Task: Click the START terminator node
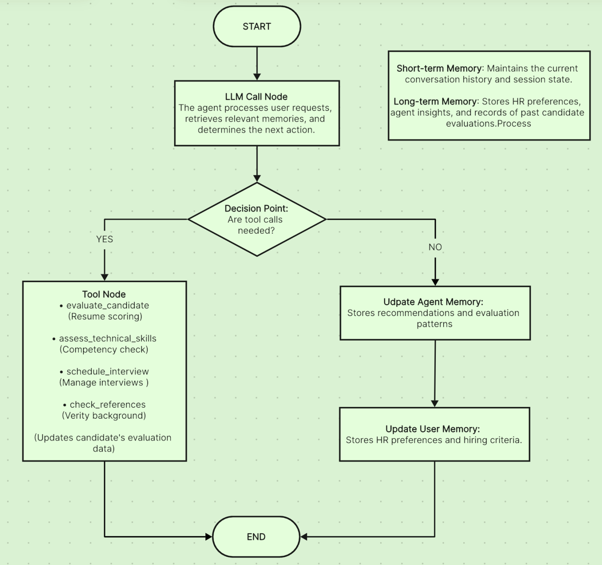point(257,27)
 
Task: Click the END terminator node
point(256,537)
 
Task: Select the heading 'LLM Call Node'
point(256,97)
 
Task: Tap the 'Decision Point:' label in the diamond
point(256,209)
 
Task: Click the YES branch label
point(105,239)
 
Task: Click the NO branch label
point(435,247)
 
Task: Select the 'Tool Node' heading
point(104,294)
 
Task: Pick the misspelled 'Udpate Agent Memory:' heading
point(433,302)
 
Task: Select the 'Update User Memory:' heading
point(433,429)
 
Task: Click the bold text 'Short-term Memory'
point(439,69)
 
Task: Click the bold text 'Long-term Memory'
point(435,102)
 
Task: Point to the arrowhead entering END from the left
point(209,537)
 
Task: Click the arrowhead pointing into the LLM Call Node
point(257,77)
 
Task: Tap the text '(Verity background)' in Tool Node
point(104,416)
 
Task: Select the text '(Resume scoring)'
point(105,316)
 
